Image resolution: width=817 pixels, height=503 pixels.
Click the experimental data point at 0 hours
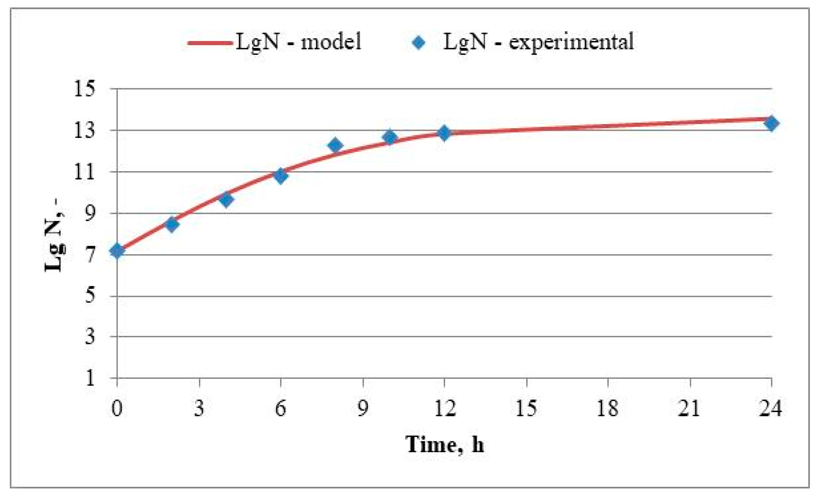tap(117, 251)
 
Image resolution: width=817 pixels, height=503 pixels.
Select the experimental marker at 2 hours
tap(172, 224)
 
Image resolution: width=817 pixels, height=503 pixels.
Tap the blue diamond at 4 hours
tap(226, 200)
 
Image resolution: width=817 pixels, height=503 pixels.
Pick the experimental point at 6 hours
tap(281, 176)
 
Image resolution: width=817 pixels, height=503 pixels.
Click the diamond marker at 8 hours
tap(335, 145)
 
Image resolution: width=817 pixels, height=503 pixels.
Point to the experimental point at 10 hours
tap(390, 137)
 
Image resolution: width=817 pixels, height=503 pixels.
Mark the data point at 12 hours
tap(444, 133)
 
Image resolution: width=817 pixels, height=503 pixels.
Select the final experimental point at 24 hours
tap(771, 123)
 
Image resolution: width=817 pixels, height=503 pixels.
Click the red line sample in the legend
tap(210, 43)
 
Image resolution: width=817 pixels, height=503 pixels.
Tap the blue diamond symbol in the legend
tap(419, 43)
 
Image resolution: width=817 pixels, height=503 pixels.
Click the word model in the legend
tap(331, 42)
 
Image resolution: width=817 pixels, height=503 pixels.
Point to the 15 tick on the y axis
tap(85, 89)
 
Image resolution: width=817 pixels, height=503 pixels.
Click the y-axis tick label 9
tap(90, 214)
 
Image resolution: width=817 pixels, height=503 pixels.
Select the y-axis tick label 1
tap(90, 378)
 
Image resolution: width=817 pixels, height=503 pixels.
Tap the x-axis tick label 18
tap(608, 408)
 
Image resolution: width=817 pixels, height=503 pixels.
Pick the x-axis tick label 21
tap(690, 408)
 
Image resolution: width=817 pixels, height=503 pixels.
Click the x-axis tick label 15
tap(526, 408)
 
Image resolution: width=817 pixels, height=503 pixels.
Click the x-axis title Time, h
tap(444, 444)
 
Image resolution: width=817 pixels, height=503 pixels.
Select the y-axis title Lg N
tap(54, 237)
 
